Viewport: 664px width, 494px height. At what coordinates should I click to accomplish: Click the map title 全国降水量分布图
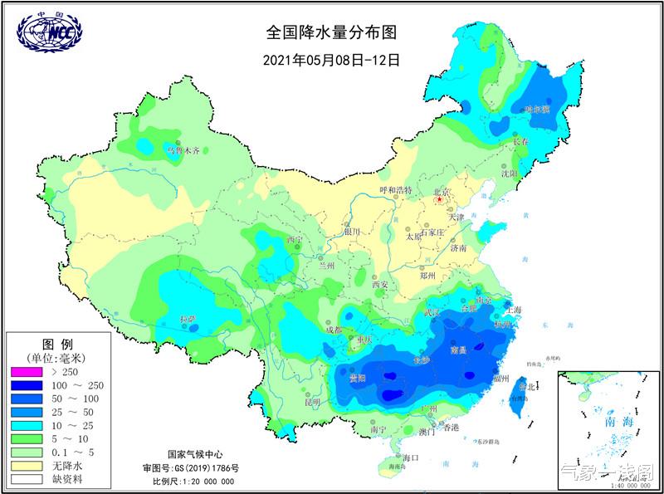[x=331, y=33]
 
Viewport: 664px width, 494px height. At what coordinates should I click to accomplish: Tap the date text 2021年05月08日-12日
[x=331, y=60]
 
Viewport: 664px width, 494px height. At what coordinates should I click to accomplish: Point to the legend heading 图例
[x=58, y=344]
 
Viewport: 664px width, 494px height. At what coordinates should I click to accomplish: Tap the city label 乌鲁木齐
[x=184, y=151]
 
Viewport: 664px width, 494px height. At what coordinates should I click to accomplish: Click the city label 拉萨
[x=188, y=319]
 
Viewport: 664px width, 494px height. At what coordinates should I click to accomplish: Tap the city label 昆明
[x=312, y=403]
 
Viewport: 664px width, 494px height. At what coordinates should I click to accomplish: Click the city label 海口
[x=413, y=457]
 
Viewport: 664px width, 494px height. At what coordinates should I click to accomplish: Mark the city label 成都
[x=333, y=330]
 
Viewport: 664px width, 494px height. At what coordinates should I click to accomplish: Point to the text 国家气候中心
[x=195, y=455]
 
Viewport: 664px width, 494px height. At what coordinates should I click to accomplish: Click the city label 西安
[x=380, y=285]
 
